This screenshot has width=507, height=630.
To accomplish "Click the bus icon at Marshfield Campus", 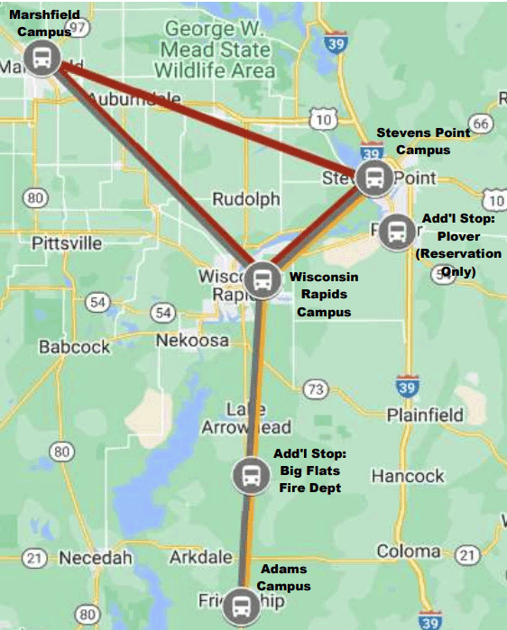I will pos(42,59).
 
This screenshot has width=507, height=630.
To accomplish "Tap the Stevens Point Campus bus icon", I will pos(373,178).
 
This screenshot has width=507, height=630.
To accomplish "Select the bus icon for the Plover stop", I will pos(395,233).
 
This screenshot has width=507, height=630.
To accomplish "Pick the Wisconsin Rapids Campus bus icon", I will pos(262,278).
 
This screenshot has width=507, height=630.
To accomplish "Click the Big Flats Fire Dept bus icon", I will pos(250,474).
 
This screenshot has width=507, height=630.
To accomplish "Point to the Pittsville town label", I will pos(69,243).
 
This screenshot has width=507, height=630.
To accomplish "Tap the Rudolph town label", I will pos(245,199).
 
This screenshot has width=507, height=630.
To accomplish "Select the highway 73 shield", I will pos(315,389).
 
